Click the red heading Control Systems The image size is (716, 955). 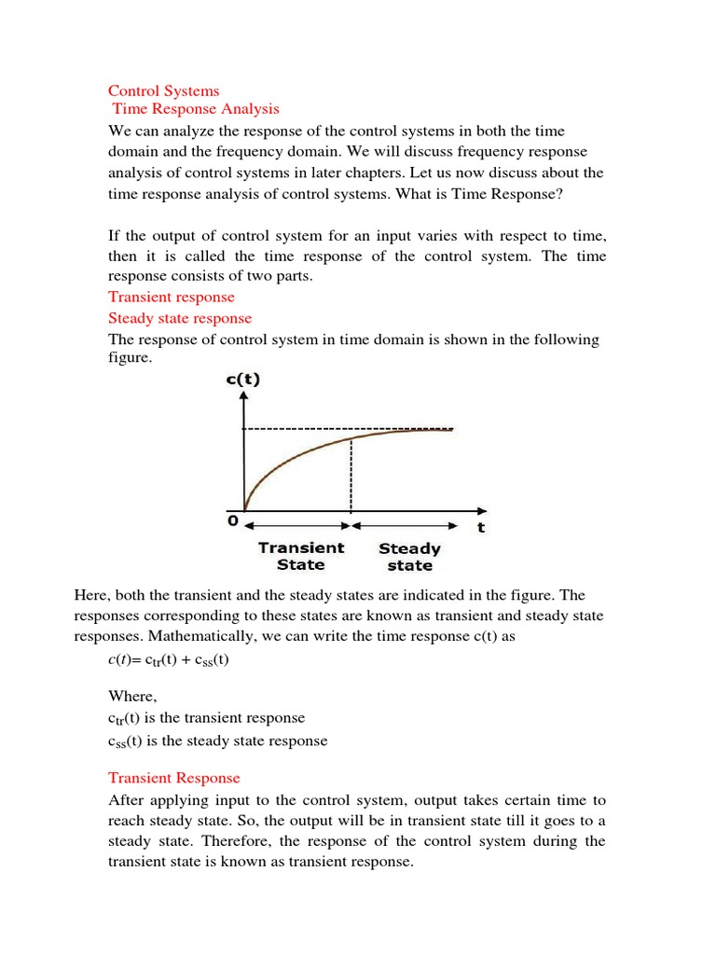pyautogui.click(x=163, y=90)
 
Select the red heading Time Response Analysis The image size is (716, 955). pyautogui.click(x=196, y=110)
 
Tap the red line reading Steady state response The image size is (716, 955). pyautogui.click(x=180, y=318)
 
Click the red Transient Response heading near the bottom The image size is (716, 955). pyautogui.click(x=173, y=778)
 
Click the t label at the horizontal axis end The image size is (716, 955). pyautogui.click(x=481, y=527)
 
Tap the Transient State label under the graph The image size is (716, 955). pyautogui.click(x=301, y=556)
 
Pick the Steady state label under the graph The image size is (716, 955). pyautogui.click(x=409, y=557)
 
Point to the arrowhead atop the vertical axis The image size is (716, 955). pyautogui.click(x=244, y=397)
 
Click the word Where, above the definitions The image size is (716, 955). pyautogui.click(x=133, y=696)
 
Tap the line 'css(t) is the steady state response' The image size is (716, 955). pyautogui.click(x=217, y=741)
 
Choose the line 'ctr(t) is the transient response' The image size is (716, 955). pyautogui.click(x=206, y=718)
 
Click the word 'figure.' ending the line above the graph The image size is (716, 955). pyautogui.click(x=130, y=358)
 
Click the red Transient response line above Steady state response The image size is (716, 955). pyautogui.click(x=172, y=297)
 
